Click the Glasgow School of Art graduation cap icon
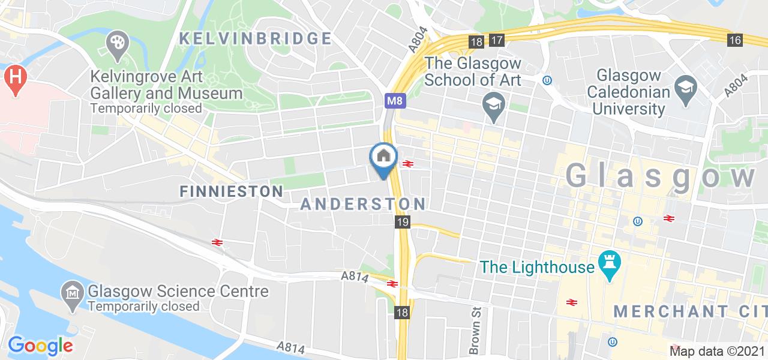[494, 103]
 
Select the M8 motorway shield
[394, 101]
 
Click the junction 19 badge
[402, 223]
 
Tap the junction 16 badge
[736, 40]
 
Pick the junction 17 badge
[496, 41]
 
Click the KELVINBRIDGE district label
[256, 39]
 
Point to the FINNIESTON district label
[232, 191]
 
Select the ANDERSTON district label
[363, 203]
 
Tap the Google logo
[40, 345]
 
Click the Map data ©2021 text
[717, 351]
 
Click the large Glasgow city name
[660, 176]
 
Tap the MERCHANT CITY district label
[690, 311]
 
